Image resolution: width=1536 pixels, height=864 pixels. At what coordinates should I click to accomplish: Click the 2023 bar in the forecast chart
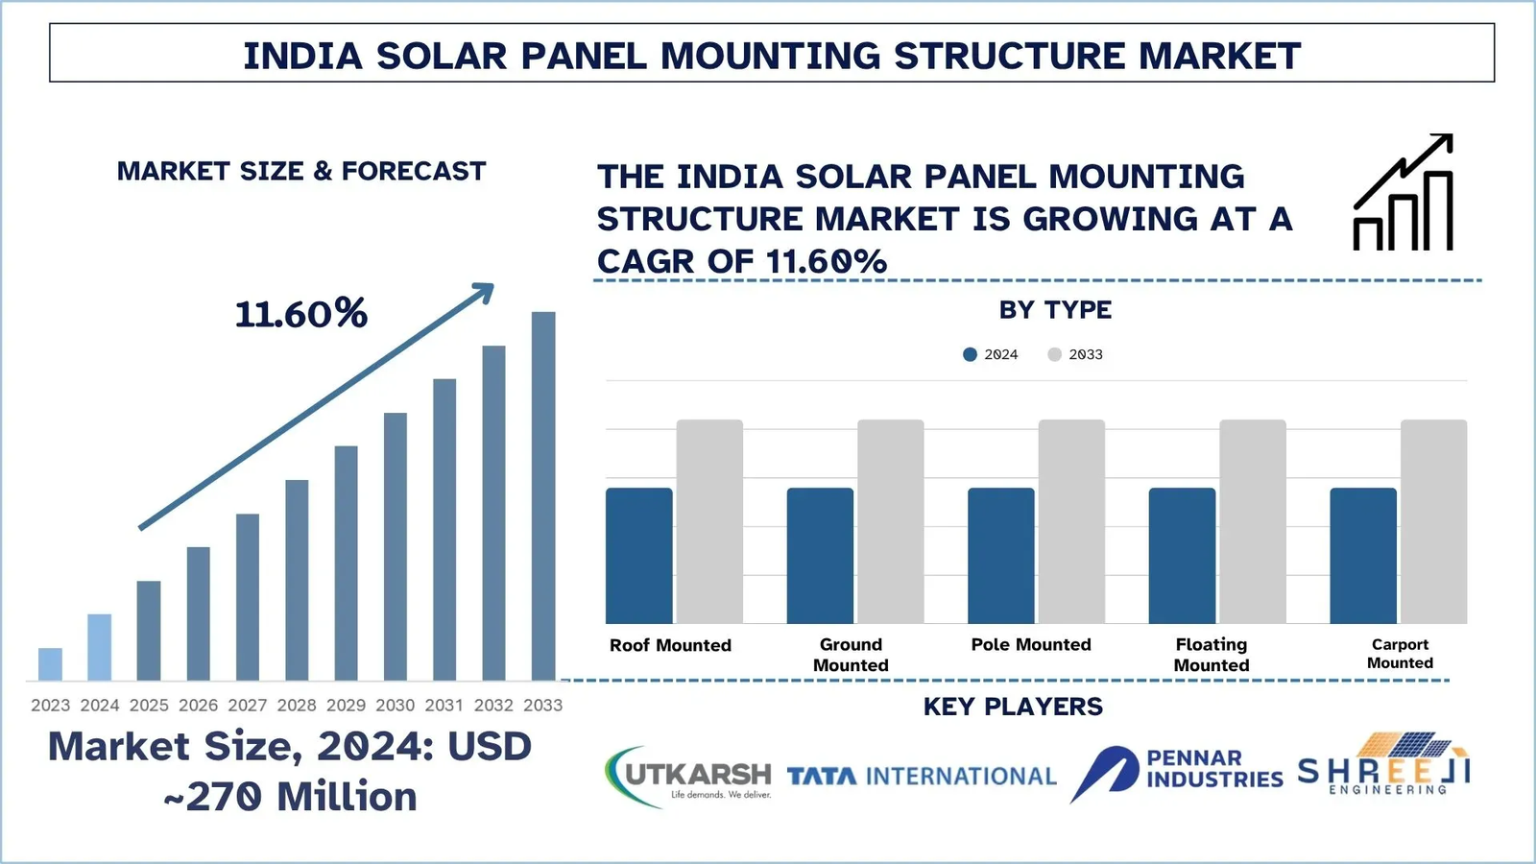tap(50, 664)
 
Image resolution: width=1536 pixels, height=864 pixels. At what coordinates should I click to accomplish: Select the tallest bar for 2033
tap(543, 495)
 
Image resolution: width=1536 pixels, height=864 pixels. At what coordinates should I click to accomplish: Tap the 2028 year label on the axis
tap(297, 706)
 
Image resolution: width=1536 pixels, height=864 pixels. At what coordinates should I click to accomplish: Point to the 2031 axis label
tap(444, 706)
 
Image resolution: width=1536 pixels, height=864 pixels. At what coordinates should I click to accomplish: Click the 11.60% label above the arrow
tap(300, 314)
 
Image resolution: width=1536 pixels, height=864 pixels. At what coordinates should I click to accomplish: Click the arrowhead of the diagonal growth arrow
tap(483, 292)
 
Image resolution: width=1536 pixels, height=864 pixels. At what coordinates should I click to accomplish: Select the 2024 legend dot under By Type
tap(970, 354)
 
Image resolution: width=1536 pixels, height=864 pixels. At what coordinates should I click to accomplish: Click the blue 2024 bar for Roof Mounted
tap(638, 555)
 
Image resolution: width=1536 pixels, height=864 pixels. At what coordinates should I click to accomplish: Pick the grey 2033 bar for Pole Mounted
tap(1071, 521)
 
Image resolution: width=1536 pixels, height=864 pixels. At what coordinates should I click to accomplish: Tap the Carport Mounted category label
tap(1400, 654)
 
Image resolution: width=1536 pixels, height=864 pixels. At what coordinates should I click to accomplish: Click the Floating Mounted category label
tap(1212, 655)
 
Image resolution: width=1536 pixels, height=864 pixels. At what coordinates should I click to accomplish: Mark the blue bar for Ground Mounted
tap(820, 555)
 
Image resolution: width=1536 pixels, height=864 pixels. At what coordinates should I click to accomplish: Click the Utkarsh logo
tap(688, 777)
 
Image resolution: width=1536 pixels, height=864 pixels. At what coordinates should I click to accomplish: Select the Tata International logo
tap(922, 776)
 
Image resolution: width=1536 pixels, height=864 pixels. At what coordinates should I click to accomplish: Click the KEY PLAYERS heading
tap(1013, 707)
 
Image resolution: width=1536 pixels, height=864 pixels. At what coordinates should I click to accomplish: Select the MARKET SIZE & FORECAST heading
tap(301, 172)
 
